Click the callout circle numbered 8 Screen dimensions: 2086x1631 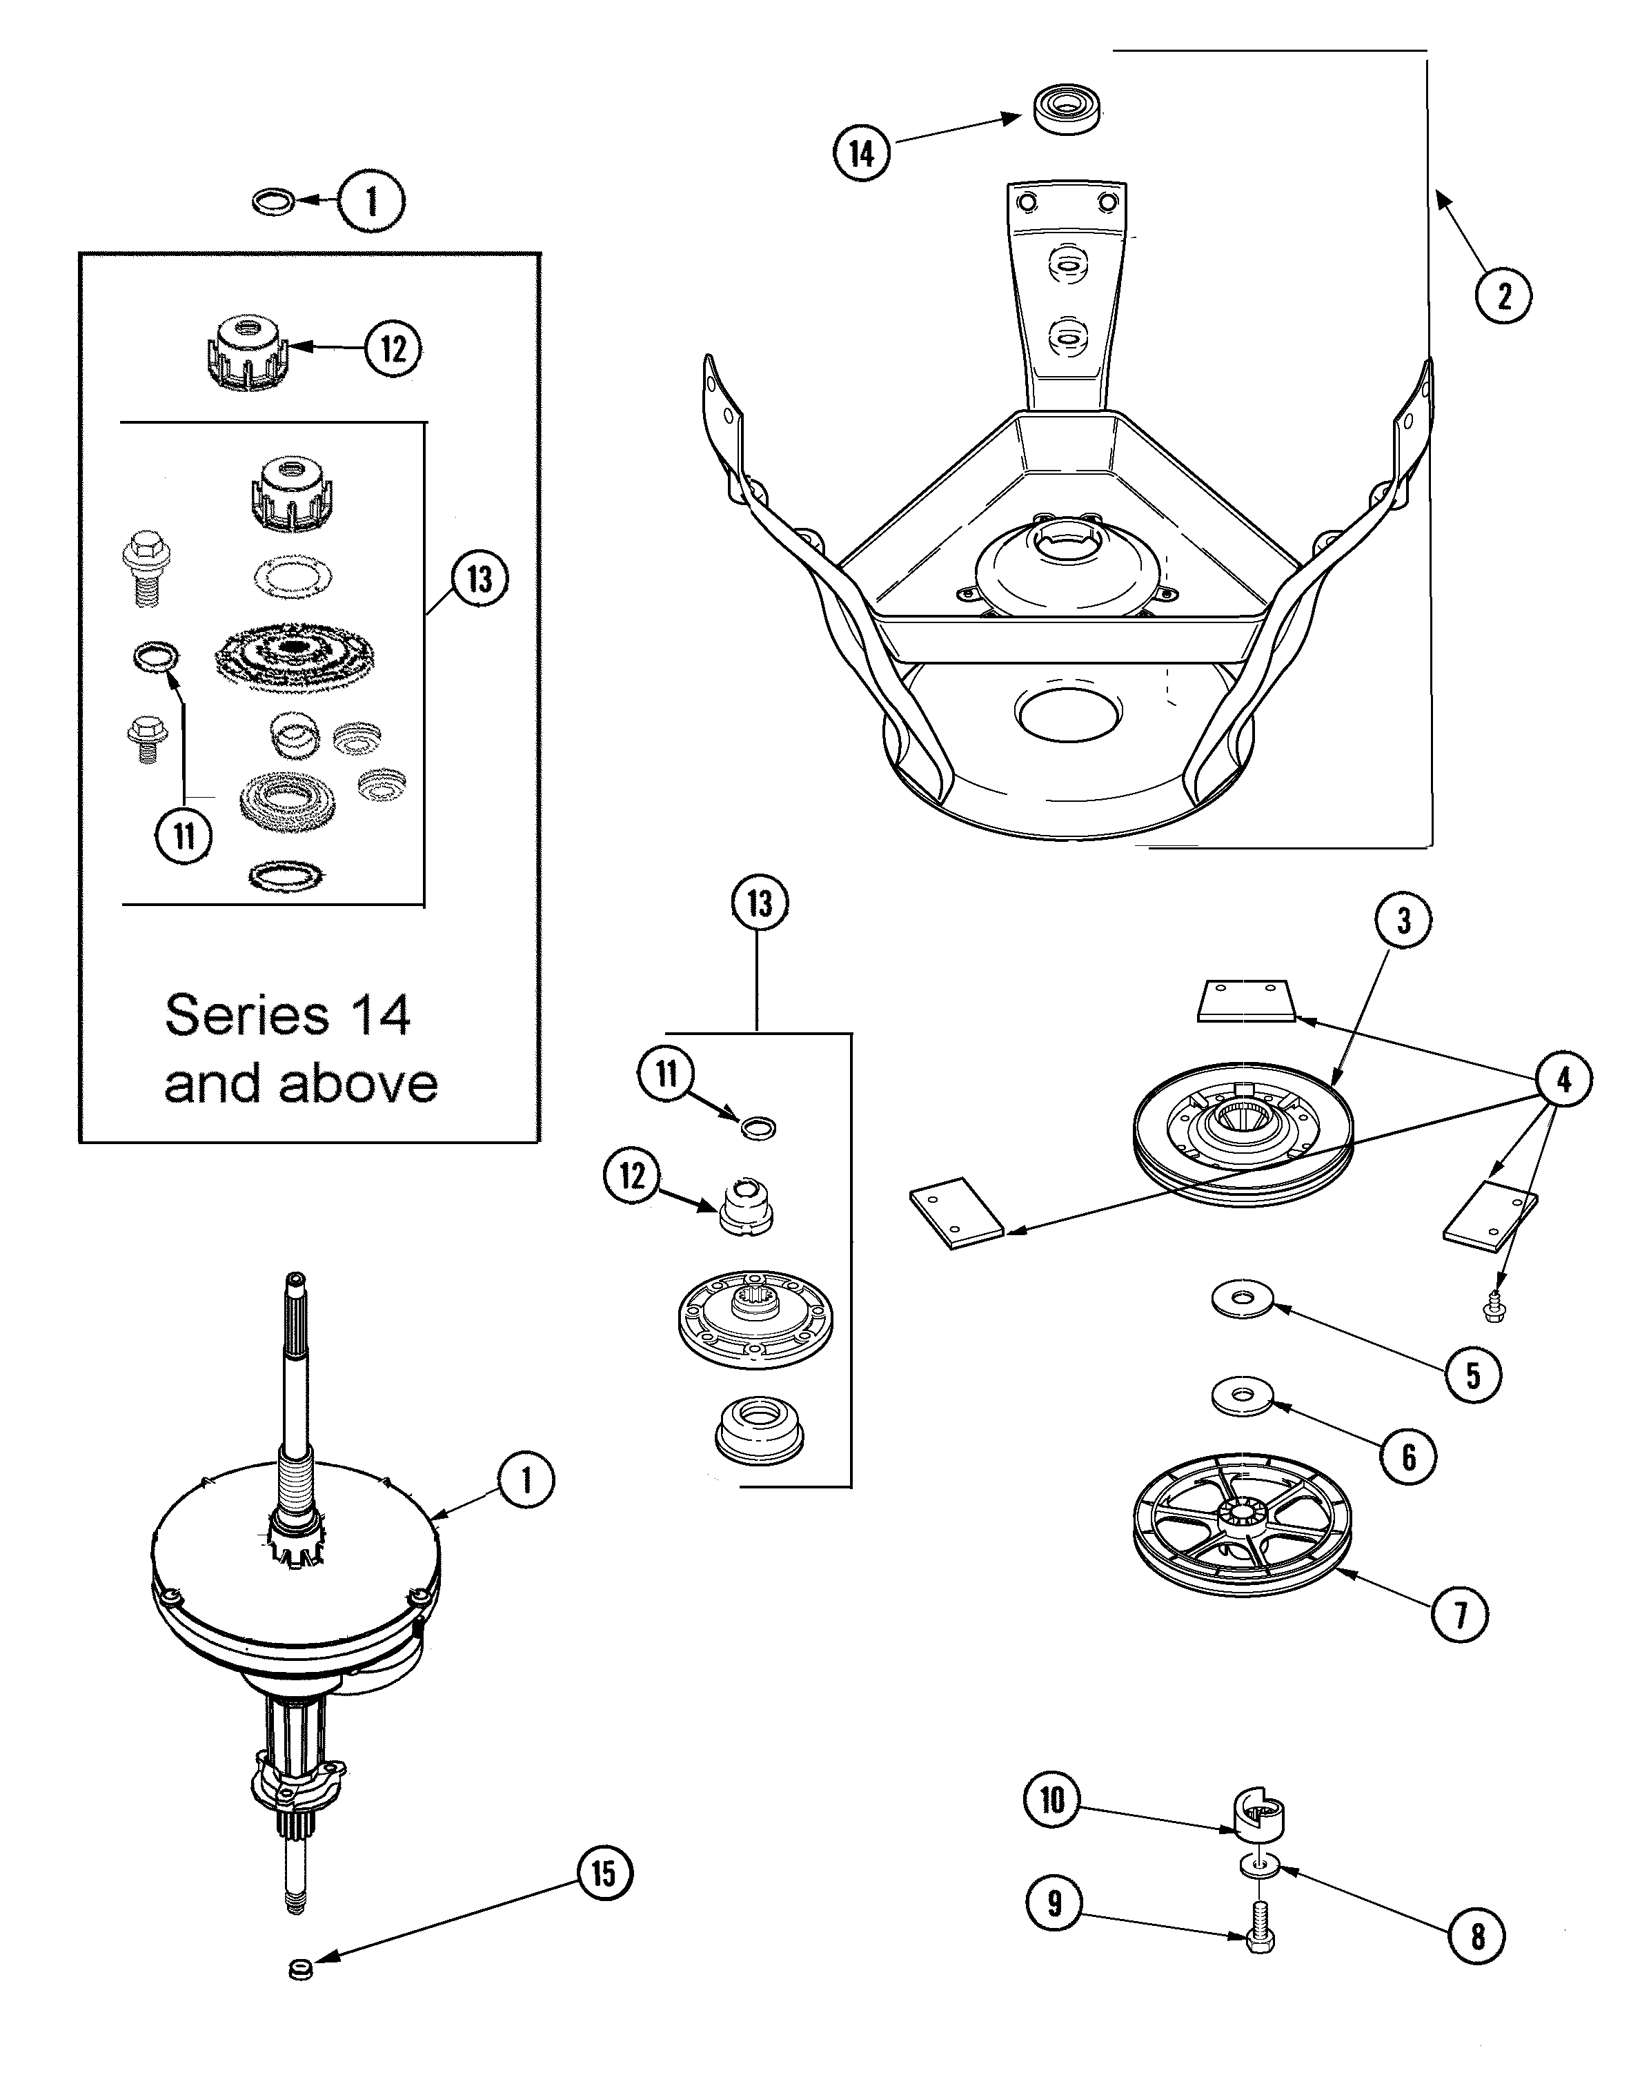tap(1477, 1936)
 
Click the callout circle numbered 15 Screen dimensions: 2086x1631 tap(604, 1874)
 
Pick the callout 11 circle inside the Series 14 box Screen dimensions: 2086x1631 tap(184, 837)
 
